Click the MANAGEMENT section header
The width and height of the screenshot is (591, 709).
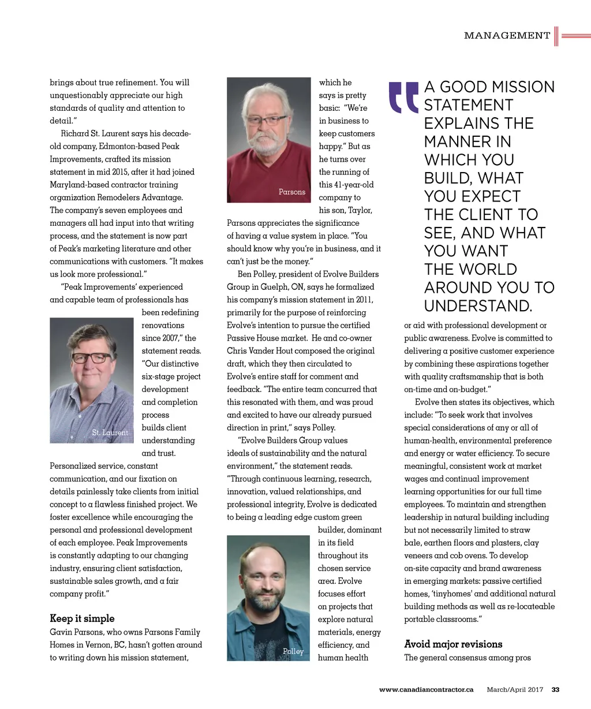(x=507, y=36)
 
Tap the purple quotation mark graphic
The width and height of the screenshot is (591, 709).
(x=403, y=97)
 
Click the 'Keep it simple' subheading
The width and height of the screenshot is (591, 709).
(x=82, y=618)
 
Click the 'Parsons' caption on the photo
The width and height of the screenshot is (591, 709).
(x=291, y=192)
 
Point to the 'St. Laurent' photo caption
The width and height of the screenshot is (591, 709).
(x=110, y=432)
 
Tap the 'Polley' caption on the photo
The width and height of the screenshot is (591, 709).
(x=293, y=651)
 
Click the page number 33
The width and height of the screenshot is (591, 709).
(x=556, y=689)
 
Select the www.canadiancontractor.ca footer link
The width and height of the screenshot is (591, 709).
(x=426, y=689)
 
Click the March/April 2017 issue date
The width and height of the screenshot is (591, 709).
(x=515, y=689)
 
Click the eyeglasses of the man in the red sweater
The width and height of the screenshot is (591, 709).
(x=265, y=121)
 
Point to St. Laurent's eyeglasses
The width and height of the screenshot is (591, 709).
(x=91, y=358)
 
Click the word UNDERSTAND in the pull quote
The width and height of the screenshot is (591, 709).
(x=478, y=306)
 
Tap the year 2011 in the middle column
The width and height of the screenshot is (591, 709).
(x=362, y=300)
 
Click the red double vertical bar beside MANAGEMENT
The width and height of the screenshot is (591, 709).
(x=556, y=36)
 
